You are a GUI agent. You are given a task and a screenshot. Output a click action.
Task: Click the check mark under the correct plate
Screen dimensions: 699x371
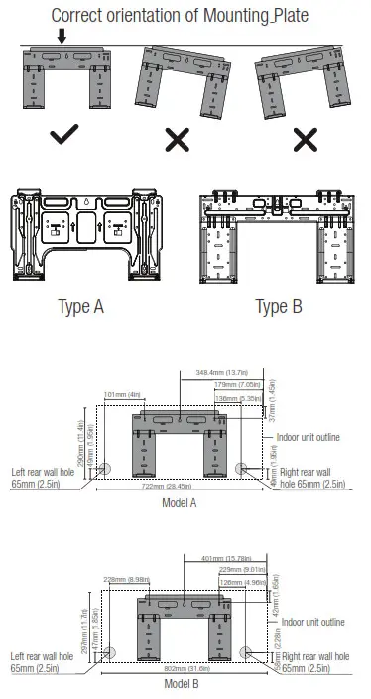coord(64,137)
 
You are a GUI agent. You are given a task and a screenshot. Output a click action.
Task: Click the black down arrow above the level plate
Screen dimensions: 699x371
coord(62,37)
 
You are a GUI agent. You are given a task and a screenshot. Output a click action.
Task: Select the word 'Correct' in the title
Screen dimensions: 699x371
coord(81,15)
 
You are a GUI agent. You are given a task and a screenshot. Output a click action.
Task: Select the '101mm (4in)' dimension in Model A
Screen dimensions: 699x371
coord(122,394)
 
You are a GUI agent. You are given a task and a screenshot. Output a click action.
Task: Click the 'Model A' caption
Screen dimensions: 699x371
coord(179,502)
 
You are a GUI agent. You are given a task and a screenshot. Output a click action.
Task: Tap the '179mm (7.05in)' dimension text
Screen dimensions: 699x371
coord(237,384)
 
